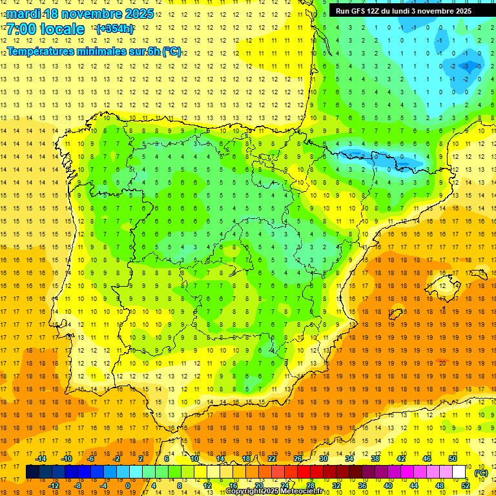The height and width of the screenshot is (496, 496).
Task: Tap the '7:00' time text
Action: tap(23, 29)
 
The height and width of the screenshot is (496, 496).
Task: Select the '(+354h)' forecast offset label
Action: tap(115, 29)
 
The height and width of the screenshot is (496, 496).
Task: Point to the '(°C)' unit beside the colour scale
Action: tap(481, 473)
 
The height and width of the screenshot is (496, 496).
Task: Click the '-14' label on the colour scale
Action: tap(41, 459)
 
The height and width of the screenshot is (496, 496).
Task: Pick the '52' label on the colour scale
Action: tap(466, 486)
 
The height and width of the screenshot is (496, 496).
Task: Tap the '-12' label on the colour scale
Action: tap(54, 486)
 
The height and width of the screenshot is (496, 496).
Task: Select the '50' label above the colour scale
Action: tap(453, 459)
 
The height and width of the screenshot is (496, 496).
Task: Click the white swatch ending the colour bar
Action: tap(459, 472)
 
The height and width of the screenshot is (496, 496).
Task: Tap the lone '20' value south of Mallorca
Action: tap(441, 363)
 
